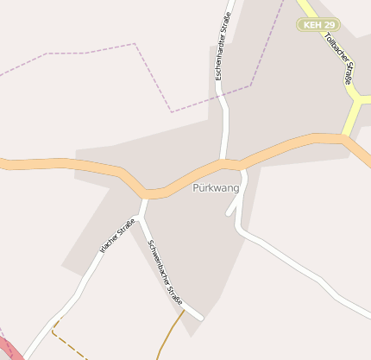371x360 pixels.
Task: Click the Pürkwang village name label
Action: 216,187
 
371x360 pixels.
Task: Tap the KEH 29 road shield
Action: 318,25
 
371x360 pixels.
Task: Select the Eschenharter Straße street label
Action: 224,48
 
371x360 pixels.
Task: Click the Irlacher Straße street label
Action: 117,237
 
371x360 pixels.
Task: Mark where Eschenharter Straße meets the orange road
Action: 227,161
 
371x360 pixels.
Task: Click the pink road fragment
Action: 8,349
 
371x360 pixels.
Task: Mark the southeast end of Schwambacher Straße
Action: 200,318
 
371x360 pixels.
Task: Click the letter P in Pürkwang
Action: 196,187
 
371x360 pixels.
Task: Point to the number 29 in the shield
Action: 329,25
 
